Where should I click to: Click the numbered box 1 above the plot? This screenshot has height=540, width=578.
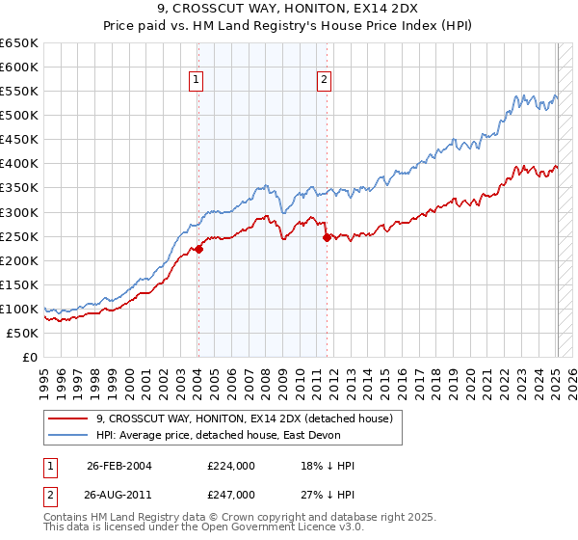(197, 81)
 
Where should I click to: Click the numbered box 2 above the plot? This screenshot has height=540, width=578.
(325, 81)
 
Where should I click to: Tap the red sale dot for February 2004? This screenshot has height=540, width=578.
(198, 249)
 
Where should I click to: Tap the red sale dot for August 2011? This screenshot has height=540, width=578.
(327, 237)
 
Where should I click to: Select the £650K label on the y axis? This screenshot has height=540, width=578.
(19, 43)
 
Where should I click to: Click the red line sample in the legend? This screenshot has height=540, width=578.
(67, 419)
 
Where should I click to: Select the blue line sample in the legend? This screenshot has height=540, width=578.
(67, 437)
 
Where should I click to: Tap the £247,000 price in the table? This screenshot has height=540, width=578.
(231, 494)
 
